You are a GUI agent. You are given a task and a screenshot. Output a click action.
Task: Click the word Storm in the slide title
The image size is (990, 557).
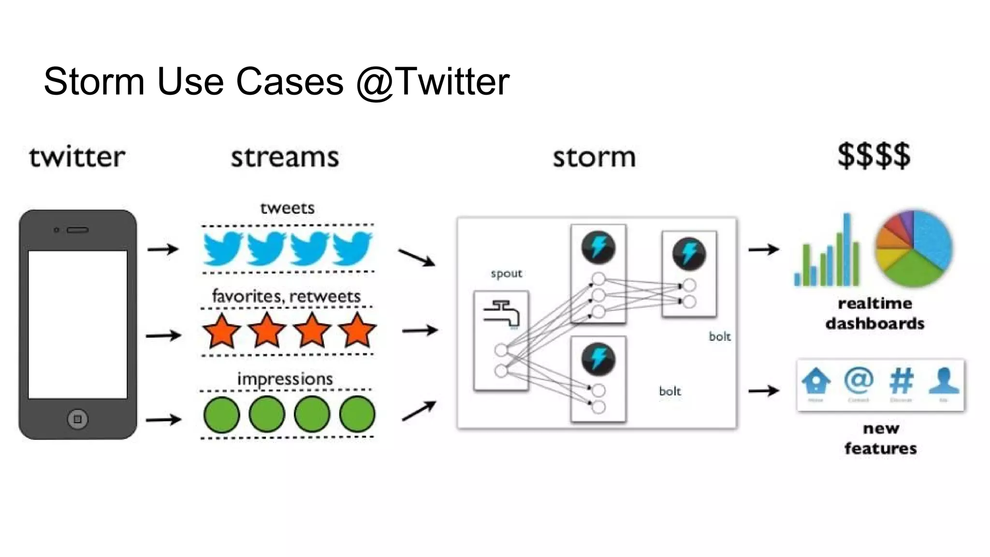coord(94,81)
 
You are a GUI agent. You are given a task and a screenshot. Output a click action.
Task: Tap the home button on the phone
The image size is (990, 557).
coord(77,419)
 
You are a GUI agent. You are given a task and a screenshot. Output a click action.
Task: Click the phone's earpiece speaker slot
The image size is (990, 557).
coord(77,230)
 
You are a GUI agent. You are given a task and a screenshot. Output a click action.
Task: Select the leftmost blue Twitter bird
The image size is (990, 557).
coord(223,249)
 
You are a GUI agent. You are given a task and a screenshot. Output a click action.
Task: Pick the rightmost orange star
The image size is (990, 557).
coord(357,331)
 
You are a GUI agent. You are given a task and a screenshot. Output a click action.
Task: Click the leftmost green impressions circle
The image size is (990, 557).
coord(221,414)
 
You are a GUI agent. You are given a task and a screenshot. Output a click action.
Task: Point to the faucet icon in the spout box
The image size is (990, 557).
coord(501,313)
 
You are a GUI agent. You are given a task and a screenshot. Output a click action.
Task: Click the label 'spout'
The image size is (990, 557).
coord(506,274)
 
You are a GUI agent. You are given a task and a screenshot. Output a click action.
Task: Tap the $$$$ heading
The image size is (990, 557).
coord(874,156)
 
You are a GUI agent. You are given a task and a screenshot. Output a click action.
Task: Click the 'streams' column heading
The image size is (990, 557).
coord(285,158)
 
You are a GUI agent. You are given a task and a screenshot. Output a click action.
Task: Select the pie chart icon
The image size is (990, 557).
coord(913,249)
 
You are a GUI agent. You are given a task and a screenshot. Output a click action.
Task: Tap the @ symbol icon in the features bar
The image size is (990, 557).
coord(859,381)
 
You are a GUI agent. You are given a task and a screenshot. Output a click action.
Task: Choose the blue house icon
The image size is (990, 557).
coord(816,381)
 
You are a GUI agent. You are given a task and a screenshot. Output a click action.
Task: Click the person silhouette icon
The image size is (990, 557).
coord(944,381)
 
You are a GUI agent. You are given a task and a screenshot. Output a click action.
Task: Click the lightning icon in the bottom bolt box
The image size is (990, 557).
coord(598,359)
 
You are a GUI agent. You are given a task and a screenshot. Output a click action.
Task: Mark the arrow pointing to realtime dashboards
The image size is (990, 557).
coord(763,249)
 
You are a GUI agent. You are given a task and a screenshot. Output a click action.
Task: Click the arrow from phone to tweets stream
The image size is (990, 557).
coord(163,249)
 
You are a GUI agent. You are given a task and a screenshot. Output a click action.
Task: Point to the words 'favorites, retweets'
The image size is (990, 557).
coord(286,296)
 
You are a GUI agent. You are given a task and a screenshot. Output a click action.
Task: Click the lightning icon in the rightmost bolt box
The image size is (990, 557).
coord(689,254)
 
